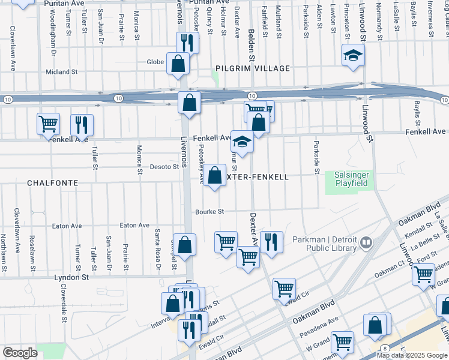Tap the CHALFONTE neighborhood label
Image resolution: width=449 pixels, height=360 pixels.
tap(50, 181)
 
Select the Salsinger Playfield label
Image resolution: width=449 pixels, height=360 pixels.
tap(351, 178)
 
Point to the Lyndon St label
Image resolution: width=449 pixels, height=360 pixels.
tap(71, 278)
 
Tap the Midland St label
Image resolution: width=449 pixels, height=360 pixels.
tap(62, 72)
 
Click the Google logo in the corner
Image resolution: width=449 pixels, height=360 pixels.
tap(20, 352)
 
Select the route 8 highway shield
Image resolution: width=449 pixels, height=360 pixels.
tap(385, 348)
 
